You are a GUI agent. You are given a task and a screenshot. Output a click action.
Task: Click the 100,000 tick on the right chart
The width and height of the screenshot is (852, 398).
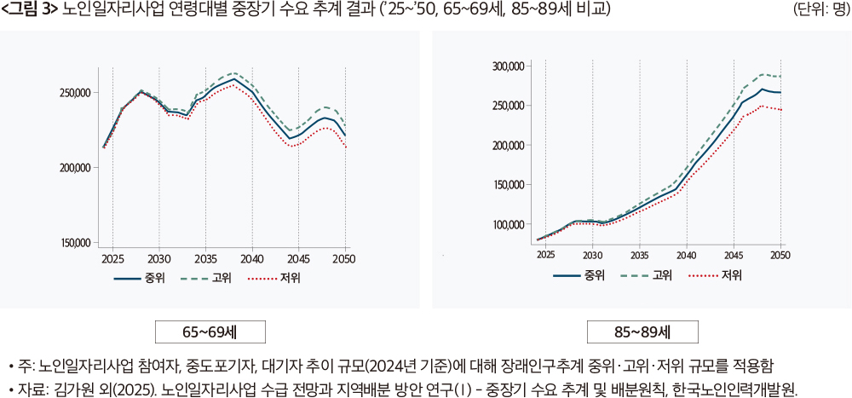coord(509,224)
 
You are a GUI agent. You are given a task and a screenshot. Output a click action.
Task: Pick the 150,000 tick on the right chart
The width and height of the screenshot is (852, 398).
coord(509,185)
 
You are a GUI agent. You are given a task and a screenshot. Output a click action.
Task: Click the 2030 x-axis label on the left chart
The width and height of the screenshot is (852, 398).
coord(158,257)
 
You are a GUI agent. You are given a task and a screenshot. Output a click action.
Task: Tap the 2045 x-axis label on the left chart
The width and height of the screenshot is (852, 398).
coord(298,257)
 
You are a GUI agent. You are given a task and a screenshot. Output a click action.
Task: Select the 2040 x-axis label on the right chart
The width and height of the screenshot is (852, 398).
coord(686,254)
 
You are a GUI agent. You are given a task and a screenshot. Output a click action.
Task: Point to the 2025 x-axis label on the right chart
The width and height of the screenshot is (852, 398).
coord(545,254)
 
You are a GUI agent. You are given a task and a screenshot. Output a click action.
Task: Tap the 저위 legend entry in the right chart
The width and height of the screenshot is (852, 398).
coord(731,274)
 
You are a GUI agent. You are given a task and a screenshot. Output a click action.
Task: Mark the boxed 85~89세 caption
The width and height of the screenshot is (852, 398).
coord(642,332)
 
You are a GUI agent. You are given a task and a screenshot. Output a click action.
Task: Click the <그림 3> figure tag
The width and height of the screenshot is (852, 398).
coord(30,10)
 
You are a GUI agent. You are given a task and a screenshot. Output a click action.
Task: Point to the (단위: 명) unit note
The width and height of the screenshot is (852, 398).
coord(819,10)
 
